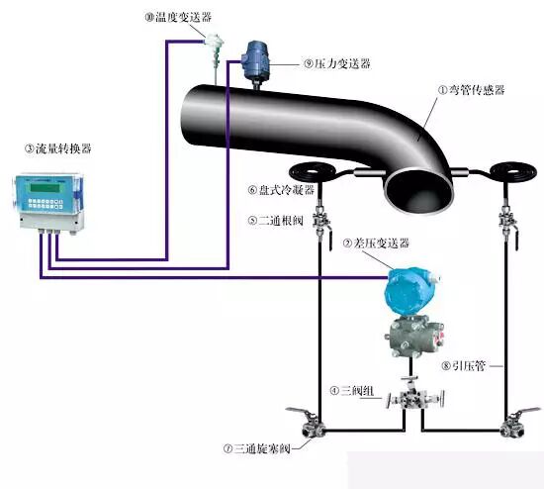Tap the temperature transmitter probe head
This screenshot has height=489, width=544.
[x=214, y=42]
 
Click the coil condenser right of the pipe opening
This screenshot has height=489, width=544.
[x=513, y=172]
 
